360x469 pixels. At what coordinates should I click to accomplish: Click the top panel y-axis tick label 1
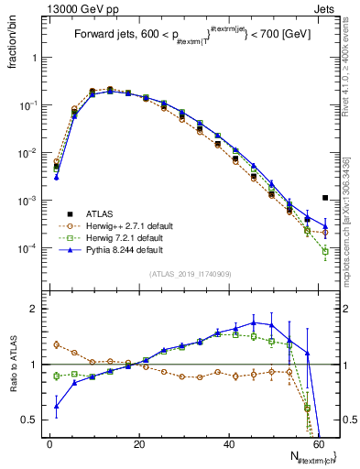33,57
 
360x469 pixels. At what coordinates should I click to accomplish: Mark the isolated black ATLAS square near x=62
325,197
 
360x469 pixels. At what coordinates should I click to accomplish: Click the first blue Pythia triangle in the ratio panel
56,406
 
